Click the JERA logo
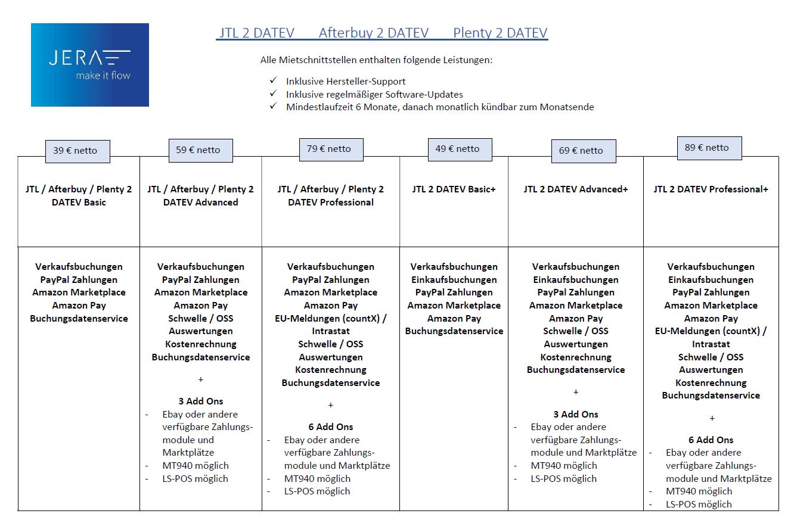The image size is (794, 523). (x=90, y=65)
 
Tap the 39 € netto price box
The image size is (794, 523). (x=77, y=150)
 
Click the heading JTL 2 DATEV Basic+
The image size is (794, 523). (x=454, y=189)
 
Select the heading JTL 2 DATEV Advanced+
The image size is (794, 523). (x=576, y=189)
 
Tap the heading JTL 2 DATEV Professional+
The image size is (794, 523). (x=711, y=189)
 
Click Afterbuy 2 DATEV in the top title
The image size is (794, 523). (x=373, y=33)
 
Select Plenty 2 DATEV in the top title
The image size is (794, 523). (x=500, y=33)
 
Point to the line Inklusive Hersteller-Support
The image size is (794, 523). (x=346, y=81)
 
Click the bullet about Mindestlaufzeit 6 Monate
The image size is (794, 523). (x=440, y=107)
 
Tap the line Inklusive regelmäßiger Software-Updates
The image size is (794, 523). (x=374, y=94)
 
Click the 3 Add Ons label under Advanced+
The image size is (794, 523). (x=576, y=414)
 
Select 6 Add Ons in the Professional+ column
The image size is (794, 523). (x=711, y=440)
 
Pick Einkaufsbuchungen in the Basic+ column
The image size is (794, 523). (x=454, y=279)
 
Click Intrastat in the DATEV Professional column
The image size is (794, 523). (x=331, y=331)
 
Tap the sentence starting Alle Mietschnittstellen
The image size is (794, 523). (x=376, y=60)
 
